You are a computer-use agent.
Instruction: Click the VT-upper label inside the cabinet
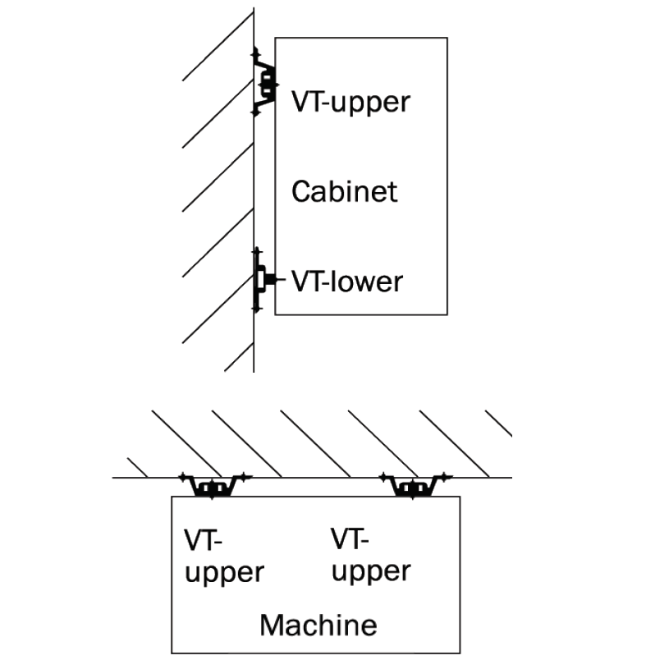tap(350, 103)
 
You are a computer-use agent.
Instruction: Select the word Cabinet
tap(345, 192)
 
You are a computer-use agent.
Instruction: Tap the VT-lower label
tap(347, 282)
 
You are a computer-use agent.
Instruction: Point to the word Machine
tap(318, 625)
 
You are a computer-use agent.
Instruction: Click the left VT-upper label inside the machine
tap(224, 557)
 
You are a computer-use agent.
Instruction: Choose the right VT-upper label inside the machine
tap(371, 555)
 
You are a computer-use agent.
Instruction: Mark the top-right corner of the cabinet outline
tap(447, 38)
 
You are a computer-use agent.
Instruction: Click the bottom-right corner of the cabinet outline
tap(447, 314)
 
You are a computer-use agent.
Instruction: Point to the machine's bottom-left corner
tap(172, 653)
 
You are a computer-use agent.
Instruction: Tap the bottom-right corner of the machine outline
tap(460, 653)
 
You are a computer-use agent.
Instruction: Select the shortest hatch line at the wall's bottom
tap(239, 356)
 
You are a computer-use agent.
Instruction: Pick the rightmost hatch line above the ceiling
tap(499, 423)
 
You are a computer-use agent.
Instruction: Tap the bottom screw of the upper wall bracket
tap(254, 111)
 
